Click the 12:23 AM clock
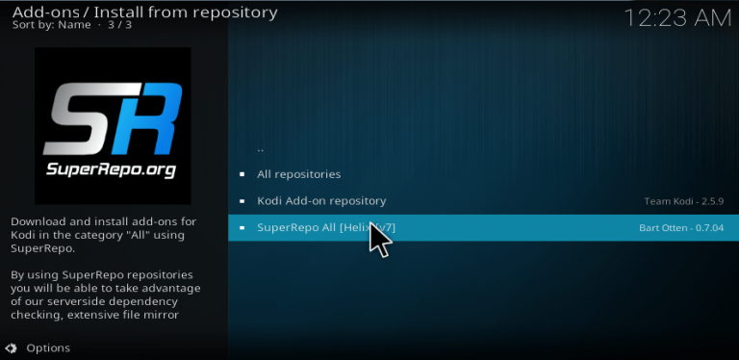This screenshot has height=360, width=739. tap(676, 17)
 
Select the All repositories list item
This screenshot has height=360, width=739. tap(298, 174)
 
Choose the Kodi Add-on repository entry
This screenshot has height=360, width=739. tap(321, 201)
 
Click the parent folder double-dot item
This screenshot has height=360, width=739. tap(261, 148)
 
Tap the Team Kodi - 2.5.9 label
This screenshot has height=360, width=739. tap(683, 201)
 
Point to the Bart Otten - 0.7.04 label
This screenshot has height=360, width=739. tap(680, 228)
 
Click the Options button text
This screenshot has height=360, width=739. tap(48, 347)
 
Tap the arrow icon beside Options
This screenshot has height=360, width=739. tap(12, 347)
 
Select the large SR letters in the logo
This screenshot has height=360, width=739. tap(114, 117)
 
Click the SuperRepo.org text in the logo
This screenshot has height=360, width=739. tap(114, 169)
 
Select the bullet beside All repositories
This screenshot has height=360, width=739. tap(242, 174)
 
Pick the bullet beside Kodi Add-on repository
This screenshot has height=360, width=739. tap(242, 201)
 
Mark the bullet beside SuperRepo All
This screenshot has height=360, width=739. tap(242, 228)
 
